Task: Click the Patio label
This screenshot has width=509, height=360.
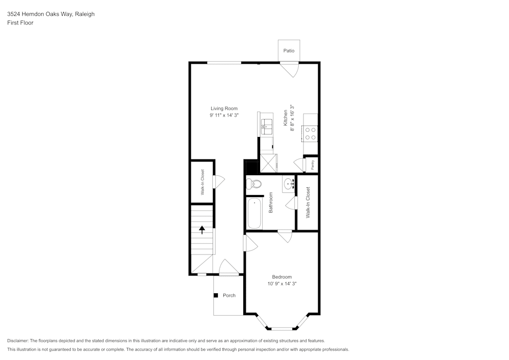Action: tap(289, 51)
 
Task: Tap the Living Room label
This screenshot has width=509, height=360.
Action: tap(224, 108)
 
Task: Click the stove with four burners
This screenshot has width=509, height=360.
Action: tap(310, 133)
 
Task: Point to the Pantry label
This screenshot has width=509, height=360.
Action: tap(313, 164)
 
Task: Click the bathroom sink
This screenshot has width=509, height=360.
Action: tap(289, 183)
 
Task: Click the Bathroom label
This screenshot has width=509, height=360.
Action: tap(271, 202)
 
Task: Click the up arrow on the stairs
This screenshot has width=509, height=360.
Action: tap(202, 230)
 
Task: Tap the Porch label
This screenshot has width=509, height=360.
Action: tap(229, 295)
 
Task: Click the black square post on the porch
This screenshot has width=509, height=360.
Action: tap(216, 295)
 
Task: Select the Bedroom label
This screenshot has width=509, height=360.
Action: tap(281, 277)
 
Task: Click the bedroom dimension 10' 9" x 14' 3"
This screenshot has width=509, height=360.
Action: tap(281, 284)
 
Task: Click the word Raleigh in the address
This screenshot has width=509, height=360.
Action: tap(84, 14)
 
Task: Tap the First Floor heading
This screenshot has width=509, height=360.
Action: tap(20, 23)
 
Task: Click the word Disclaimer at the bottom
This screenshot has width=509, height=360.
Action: tap(18, 341)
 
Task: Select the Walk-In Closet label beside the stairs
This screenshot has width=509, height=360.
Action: tap(202, 182)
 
